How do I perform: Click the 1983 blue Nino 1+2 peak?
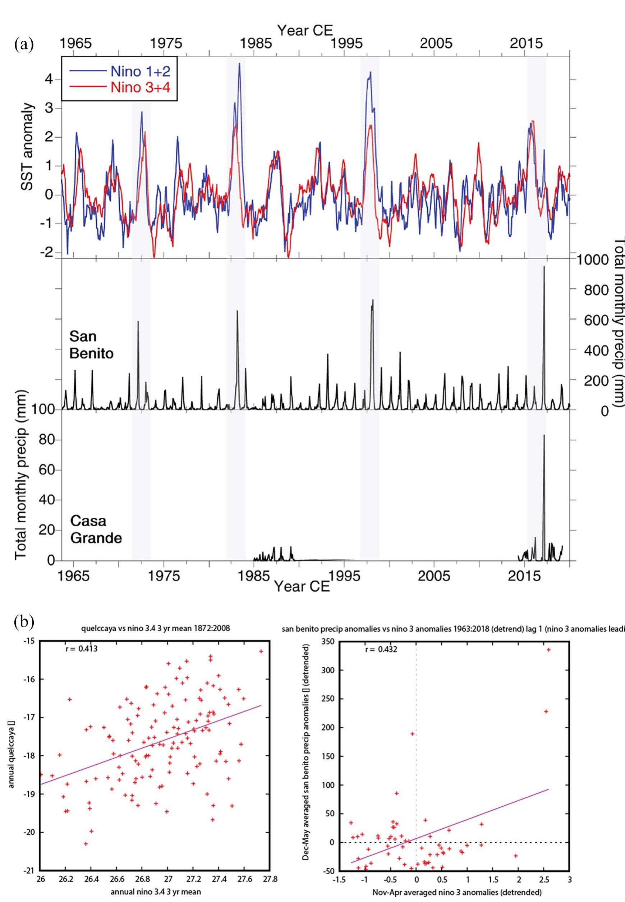[239, 64]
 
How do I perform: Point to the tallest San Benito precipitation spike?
[544, 267]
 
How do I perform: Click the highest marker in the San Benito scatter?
[549, 649]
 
